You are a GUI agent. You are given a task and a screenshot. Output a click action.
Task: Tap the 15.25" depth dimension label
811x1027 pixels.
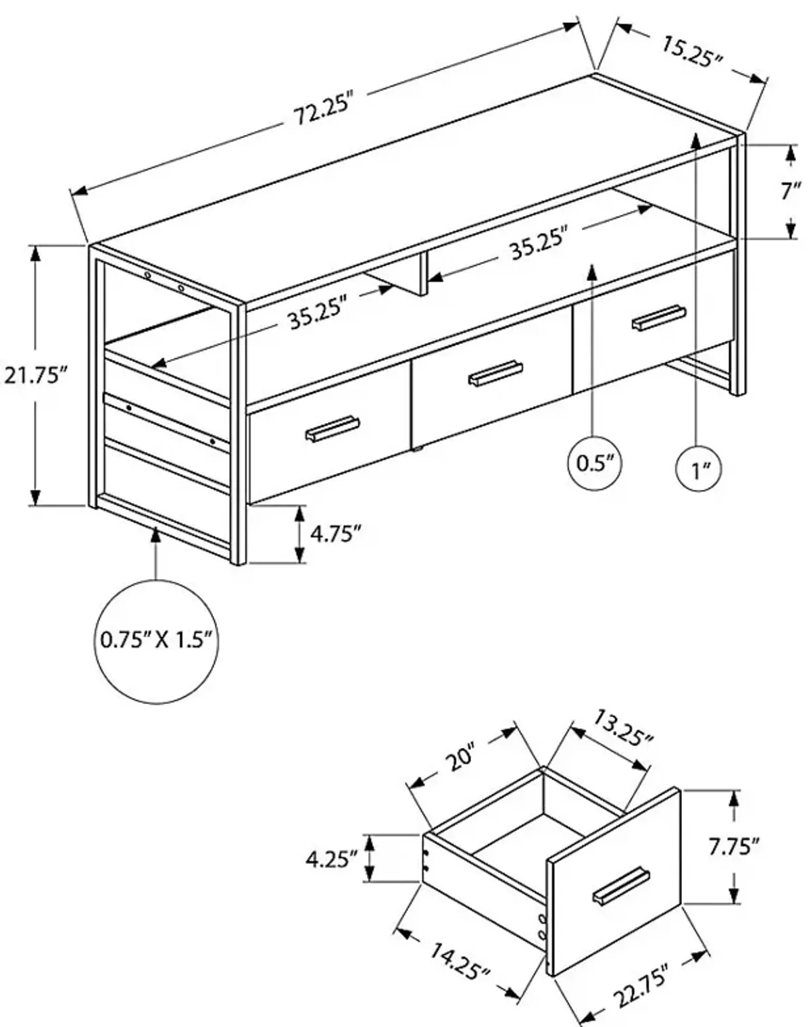(x=692, y=52)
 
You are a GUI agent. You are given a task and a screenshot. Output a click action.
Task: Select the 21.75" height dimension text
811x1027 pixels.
(x=38, y=374)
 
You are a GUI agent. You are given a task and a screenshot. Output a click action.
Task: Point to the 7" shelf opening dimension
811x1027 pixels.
(x=790, y=191)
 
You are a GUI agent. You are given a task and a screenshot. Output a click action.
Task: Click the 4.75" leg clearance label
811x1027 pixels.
(x=333, y=534)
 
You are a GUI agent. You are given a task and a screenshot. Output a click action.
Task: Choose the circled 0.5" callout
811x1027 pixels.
(x=593, y=464)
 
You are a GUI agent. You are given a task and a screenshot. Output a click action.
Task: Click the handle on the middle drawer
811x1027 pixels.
(x=495, y=373)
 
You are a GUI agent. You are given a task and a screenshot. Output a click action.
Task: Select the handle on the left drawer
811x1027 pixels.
(x=333, y=430)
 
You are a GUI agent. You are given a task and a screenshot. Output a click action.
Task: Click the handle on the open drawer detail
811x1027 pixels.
(x=621, y=886)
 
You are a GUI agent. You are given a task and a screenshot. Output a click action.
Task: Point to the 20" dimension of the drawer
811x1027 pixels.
(x=461, y=759)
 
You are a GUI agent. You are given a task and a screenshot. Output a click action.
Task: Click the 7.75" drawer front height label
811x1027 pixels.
(x=734, y=846)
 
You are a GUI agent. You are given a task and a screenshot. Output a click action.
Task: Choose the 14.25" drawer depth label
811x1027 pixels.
(x=459, y=961)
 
